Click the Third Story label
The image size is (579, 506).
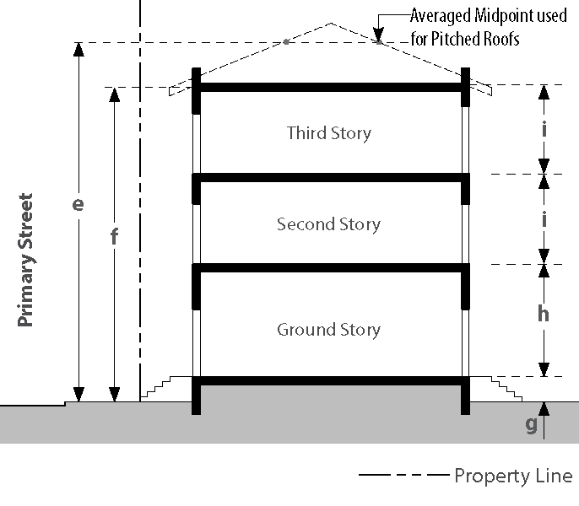coord(328,133)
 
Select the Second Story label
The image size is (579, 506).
coord(328,224)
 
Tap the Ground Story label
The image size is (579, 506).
coord(328,330)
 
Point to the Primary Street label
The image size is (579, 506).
coord(26,261)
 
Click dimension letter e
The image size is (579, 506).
coord(78,204)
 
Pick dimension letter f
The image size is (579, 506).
coord(114,237)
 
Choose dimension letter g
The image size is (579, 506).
coord(531,423)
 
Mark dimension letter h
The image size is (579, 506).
coord(544,314)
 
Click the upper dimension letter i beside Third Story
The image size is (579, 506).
coord(544,130)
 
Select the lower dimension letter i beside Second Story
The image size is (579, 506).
coord(544,219)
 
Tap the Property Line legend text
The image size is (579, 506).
coord(513,476)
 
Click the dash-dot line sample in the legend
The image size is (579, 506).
coord(402,476)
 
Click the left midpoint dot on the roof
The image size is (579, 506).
coord(286,41)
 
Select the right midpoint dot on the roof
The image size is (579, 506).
coord(379,40)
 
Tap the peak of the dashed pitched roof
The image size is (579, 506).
coord(332,23)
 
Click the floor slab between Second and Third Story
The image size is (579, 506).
coord(331,178)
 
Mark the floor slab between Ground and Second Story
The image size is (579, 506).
coord(331,269)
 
